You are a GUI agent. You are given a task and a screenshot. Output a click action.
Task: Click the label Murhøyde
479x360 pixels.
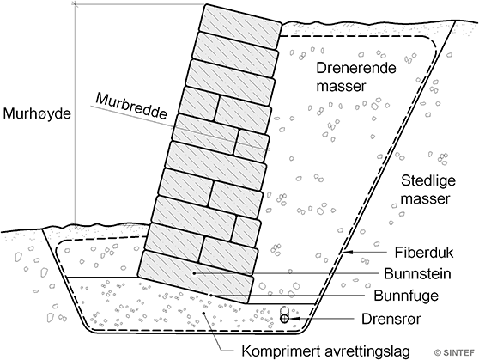[37, 114]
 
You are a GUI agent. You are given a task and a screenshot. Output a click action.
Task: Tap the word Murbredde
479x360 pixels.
[132, 107]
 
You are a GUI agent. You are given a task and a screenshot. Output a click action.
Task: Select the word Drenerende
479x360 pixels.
[356, 68]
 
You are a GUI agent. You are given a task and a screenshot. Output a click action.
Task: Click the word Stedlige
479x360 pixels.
[428, 181]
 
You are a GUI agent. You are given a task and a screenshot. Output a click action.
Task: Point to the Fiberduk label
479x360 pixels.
[424, 253]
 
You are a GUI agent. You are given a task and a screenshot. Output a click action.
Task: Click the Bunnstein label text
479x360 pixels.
[417, 274]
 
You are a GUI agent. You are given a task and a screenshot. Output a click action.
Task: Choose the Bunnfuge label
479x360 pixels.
[406, 296]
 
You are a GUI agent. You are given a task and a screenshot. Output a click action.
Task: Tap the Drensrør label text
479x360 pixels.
[391, 319]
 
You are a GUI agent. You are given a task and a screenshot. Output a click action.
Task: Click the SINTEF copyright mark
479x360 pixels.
[455, 352]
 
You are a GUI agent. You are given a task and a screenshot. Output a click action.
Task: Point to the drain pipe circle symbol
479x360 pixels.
[284, 319]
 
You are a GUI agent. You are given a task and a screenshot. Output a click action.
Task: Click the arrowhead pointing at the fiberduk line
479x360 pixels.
[349, 253]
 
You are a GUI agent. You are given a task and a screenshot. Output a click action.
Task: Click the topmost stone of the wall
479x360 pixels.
[240, 27]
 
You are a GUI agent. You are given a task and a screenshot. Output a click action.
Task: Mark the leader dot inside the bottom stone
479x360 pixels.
[194, 273]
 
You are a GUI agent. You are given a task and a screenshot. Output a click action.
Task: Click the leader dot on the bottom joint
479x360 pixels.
[210, 295]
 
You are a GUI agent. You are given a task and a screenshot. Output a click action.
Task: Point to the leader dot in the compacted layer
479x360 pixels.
[204, 313]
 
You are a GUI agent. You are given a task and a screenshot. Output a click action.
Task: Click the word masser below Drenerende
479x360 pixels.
[341, 87]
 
